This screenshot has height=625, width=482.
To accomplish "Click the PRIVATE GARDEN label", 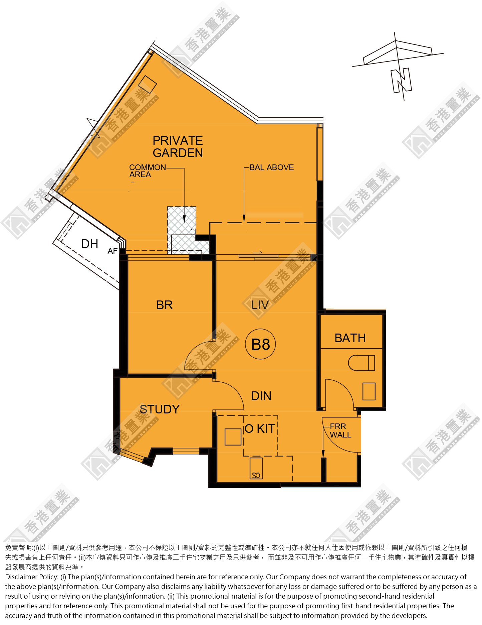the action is pyautogui.click(x=178, y=146).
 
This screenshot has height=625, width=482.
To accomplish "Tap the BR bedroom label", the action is pyautogui.click(x=165, y=305).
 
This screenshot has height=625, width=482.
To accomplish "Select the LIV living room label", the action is pyautogui.click(x=260, y=305).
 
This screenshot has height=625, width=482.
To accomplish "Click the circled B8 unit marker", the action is pyautogui.click(x=260, y=344).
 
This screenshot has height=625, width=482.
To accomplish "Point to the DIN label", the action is pyautogui.click(x=261, y=396).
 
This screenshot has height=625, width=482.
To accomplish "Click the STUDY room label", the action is pyautogui.click(x=160, y=409).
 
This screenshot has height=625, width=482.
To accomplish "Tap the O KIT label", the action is pyautogui.click(x=260, y=428).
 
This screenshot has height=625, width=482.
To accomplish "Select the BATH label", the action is pyautogui.click(x=350, y=338).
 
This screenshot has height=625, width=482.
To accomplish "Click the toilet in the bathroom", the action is pyautogui.click(x=361, y=363).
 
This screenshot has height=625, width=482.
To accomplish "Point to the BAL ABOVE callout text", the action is pyautogui.click(x=272, y=167).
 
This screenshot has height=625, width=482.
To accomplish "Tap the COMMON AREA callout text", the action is pyautogui.click(x=147, y=171).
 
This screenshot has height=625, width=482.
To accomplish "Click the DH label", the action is pyautogui.click(x=90, y=244).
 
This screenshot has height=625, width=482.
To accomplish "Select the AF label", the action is pyautogui.click(x=112, y=251).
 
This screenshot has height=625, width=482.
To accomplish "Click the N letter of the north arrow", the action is pyautogui.click(x=401, y=80).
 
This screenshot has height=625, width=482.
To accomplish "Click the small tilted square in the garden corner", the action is pyautogui.click(x=148, y=84).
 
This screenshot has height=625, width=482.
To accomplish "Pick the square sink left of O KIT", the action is pyautogui.click(x=233, y=437).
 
